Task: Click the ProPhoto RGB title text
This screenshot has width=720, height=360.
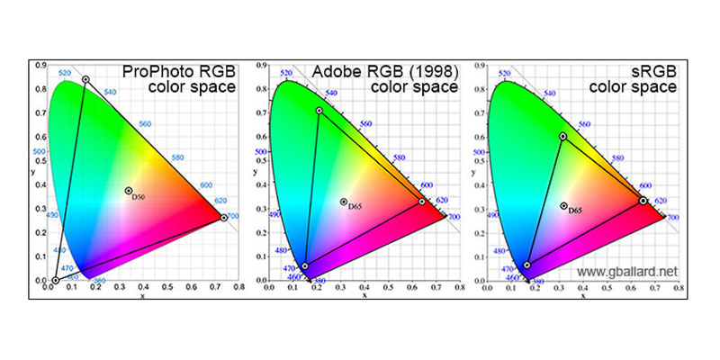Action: (180, 72)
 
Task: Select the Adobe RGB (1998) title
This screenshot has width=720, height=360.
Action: (384, 72)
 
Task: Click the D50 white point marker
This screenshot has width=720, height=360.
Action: (129, 191)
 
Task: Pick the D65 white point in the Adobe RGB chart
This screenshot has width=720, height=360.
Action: (344, 202)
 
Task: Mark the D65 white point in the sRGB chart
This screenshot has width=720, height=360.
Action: (564, 206)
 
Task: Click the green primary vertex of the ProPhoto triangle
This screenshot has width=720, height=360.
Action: (85, 80)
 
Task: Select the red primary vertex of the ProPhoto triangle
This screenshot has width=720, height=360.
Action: (224, 218)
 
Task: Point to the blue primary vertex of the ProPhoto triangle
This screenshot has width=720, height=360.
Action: (55, 280)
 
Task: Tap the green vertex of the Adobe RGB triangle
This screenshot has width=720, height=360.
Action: (319, 111)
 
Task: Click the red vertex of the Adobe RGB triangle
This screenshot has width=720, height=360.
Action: (422, 202)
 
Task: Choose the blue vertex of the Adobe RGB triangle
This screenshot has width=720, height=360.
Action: (305, 266)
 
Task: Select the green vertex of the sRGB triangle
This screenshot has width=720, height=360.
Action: (563, 136)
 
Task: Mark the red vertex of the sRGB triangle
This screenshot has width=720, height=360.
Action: (643, 200)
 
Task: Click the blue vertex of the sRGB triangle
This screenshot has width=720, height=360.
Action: (526, 265)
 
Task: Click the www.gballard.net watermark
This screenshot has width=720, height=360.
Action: (627, 270)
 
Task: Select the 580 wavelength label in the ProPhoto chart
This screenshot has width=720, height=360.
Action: (176, 157)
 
